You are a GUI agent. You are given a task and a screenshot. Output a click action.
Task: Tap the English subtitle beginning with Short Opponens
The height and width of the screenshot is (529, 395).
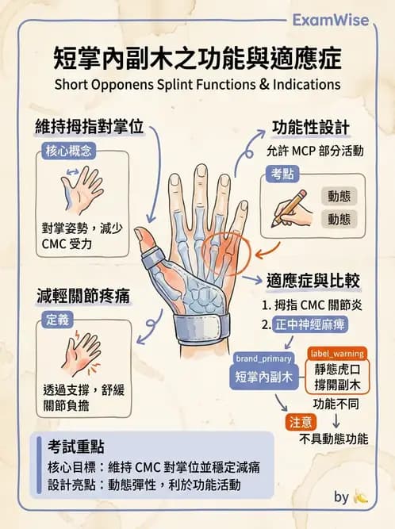(x=197, y=84)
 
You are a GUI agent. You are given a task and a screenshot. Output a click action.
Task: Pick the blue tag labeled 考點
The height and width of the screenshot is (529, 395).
(x=284, y=174)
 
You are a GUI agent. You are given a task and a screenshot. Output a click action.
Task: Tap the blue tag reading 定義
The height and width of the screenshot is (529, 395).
(x=57, y=320)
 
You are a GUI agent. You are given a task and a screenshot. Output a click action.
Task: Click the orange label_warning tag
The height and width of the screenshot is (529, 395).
(x=337, y=353)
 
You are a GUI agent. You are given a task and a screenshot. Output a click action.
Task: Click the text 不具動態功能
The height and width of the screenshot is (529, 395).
(x=334, y=439)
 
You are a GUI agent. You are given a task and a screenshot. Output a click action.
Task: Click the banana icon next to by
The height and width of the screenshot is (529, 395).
(x=360, y=497)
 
